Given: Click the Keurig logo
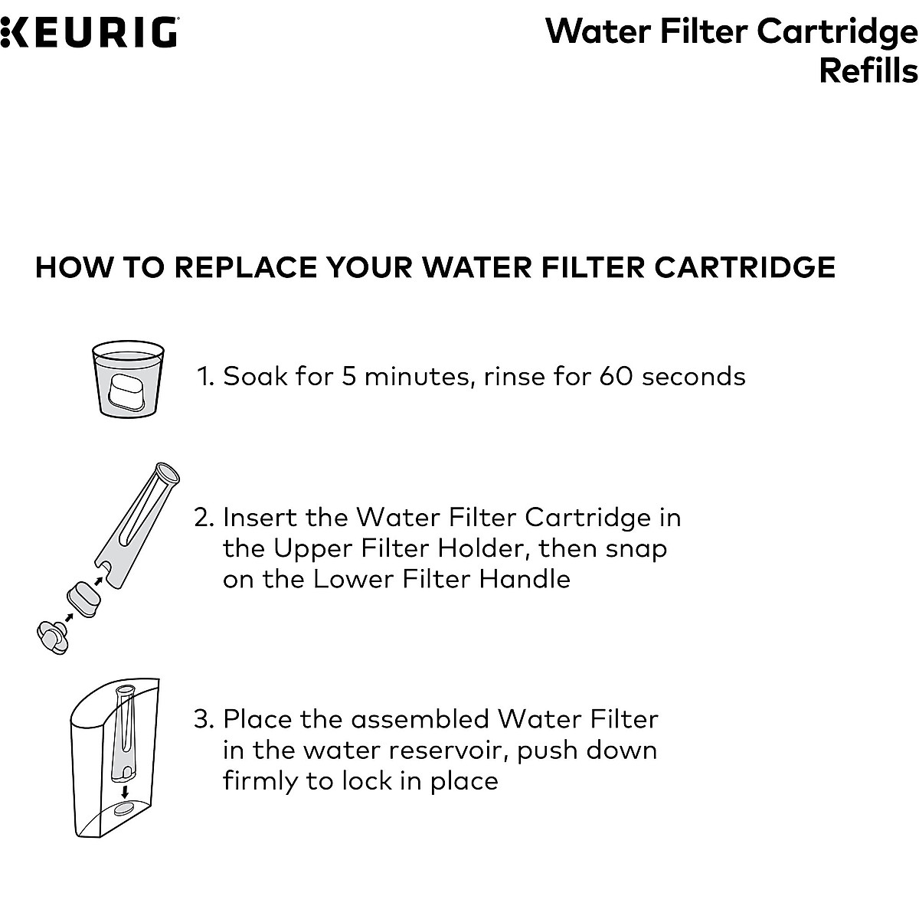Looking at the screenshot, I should point(89,33).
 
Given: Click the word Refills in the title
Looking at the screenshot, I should point(868,71).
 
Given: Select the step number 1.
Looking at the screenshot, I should point(204,376).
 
